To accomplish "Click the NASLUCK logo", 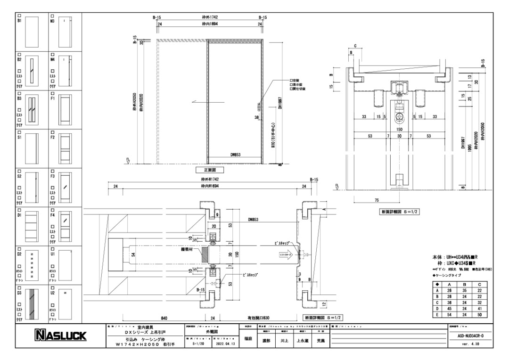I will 59,335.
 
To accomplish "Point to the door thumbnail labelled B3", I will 32,109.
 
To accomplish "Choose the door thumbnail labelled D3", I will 32,306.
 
